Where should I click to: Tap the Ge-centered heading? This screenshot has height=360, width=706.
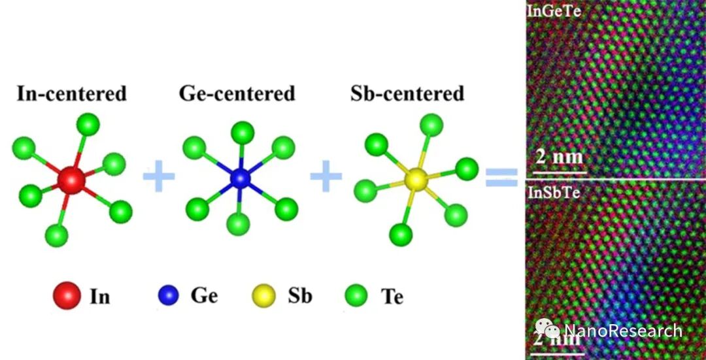pyautogui.click(x=237, y=93)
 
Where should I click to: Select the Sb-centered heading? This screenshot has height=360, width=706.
pyautogui.click(x=407, y=93)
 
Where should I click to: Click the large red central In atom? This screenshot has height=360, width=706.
pyautogui.click(x=71, y=179)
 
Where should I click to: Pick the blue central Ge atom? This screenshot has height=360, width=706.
pyautogui.click(x=241, y=178)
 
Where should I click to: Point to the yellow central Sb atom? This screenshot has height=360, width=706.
pyautogui.click(x=416, y=178)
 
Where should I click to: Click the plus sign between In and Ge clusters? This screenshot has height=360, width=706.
pyautogui.click(x=158, y=178)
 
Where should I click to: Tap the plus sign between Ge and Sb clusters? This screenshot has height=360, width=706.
pyautogui.click(x=326, y=178)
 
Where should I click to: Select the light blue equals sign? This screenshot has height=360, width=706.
pyautogui.click(x=501, y=177)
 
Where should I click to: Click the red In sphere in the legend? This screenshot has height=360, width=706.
pyautogui.click(x=67, y=296)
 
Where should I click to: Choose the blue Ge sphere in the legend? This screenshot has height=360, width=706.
pyautogui.click(x=168, y=297)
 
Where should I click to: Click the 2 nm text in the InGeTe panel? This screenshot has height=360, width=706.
pyautogui.click(x=559, y=158)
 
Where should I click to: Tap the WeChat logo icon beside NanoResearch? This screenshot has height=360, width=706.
pyautogui.click(x=548, y=331)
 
